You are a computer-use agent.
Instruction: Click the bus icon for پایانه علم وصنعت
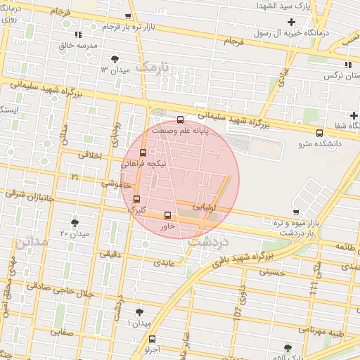coord(181,119)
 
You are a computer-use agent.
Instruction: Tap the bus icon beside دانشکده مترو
coord(320,131)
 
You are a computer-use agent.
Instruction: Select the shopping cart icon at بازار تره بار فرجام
coord(127,16)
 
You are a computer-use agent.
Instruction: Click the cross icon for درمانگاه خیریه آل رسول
coord(291,22)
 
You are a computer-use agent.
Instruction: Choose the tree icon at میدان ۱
coord(139,311)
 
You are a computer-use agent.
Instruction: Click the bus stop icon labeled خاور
coord(167,215)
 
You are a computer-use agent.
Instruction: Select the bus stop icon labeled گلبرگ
coord(136,199)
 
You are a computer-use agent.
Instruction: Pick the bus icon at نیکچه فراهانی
coord(143,152)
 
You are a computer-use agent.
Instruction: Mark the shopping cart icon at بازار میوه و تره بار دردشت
coord(296,212)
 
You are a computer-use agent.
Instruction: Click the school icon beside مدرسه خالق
coord(78,34)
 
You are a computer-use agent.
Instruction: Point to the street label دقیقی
coord(110,255)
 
